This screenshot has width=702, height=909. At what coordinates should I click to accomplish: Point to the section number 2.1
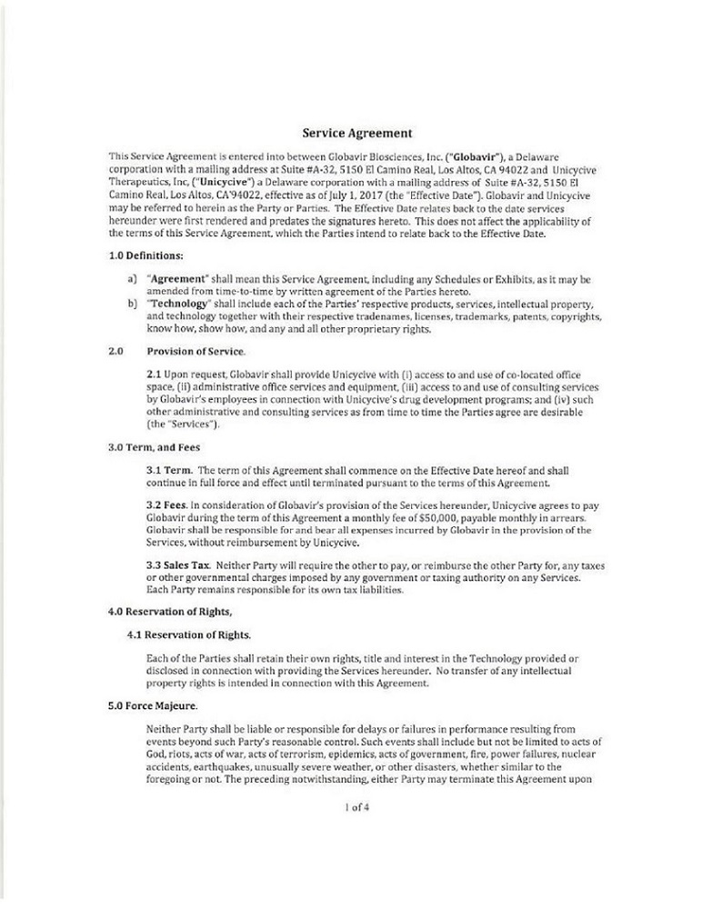(154, 375)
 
